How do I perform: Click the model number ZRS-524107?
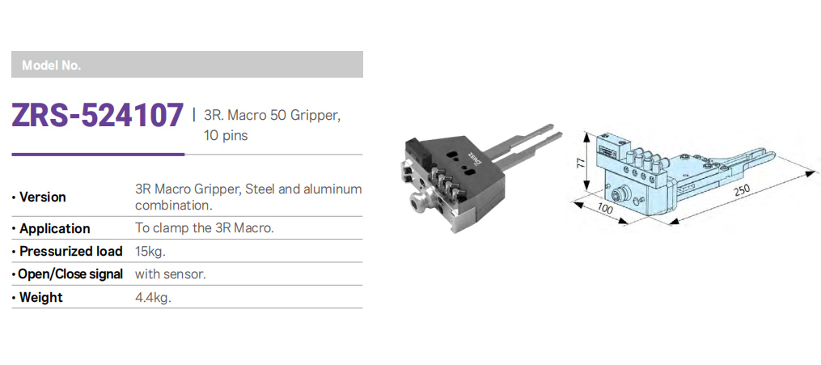click(x=98, y=116)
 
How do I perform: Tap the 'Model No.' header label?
click(x=51, y=66)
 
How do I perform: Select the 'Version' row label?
click(x=42, y=197)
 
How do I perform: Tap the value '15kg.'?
click(x=150, y=252)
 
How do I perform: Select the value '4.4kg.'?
click(x=153, y=298)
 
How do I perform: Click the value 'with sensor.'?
click(x=169, y=274)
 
